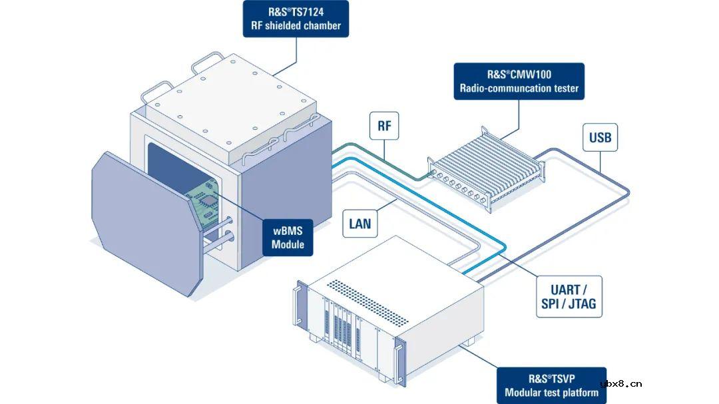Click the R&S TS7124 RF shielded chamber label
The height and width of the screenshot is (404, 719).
point(296,19)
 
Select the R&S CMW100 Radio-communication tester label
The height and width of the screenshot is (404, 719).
point(519,81)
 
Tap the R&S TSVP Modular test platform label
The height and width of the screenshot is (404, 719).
point(551,385)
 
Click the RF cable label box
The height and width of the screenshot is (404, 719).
point(383,126)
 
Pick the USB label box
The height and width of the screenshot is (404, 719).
point(599,139)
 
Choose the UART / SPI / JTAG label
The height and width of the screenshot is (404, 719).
point(569,297)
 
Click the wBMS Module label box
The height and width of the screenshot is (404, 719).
point(288,238)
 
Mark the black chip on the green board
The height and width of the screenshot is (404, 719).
point(209,200)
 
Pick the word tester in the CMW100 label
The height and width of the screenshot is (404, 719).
point(563,88)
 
